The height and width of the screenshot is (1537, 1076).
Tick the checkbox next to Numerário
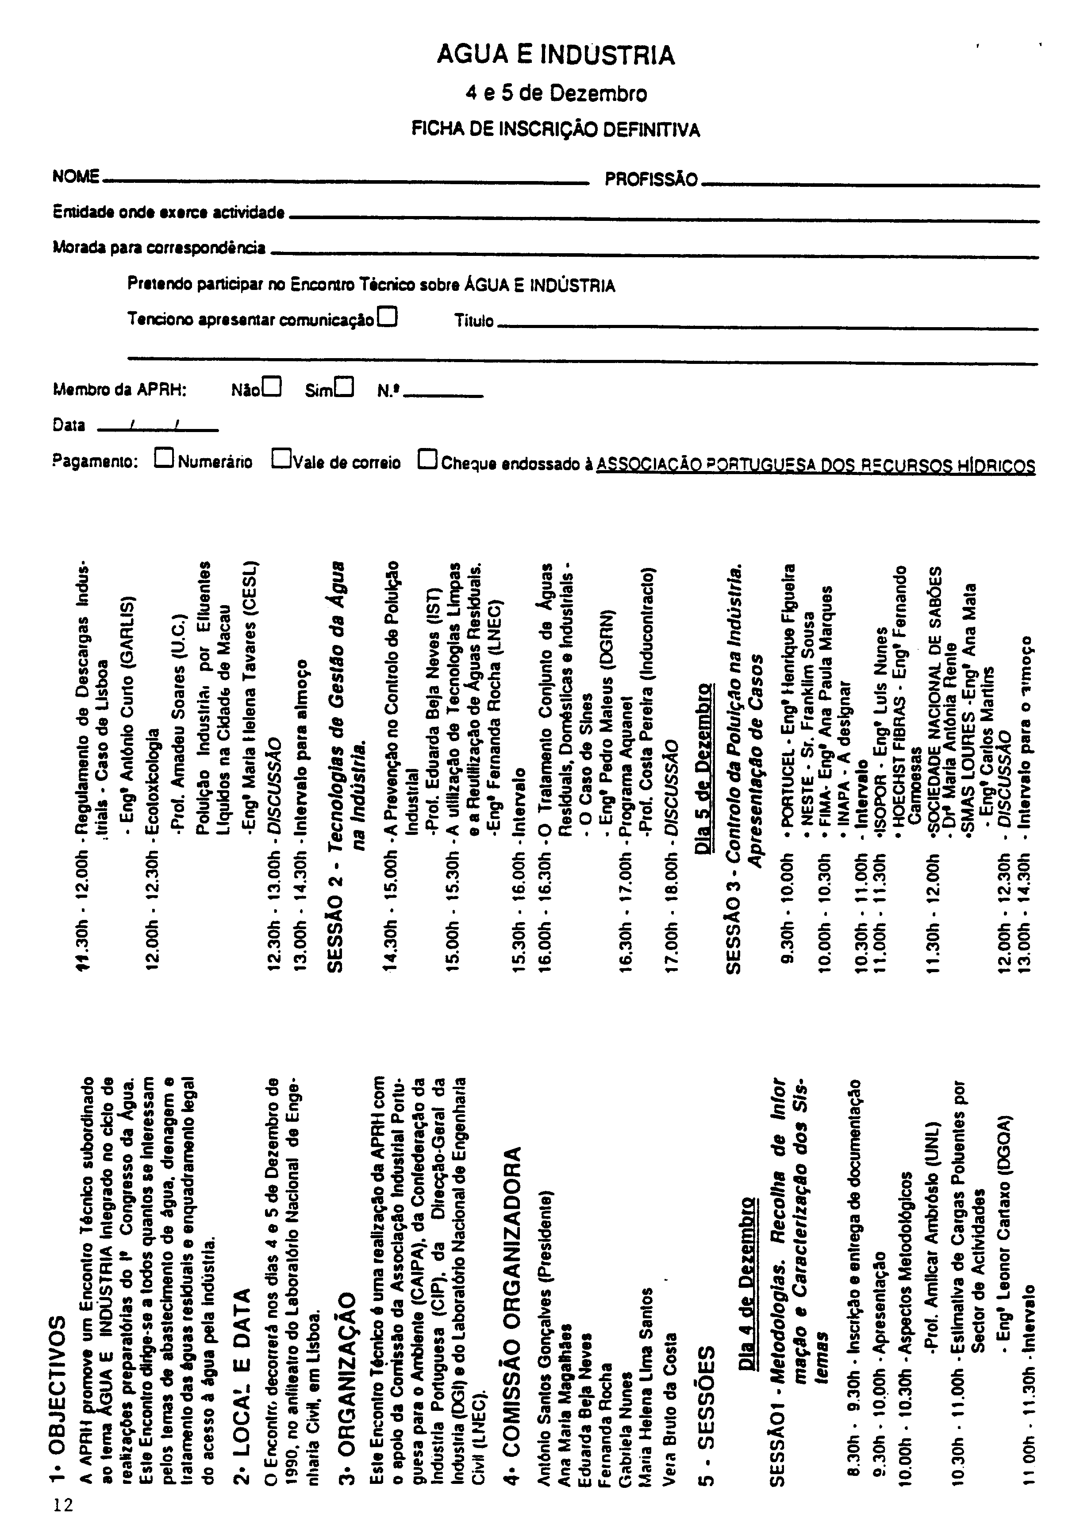164,459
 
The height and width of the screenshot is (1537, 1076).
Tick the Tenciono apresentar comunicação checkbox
388,316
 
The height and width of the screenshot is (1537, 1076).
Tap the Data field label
69,425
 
